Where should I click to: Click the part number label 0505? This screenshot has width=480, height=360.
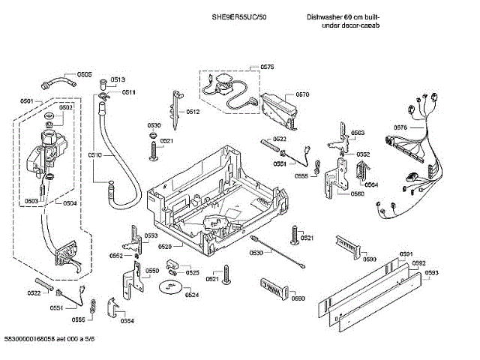click(84, 74)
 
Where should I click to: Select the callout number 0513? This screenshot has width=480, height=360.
click(118, 79)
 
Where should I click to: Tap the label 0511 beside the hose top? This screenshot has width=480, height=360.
click(128, 92)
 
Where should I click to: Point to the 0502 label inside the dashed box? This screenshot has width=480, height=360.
click(66, 107)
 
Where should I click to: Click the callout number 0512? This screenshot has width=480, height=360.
click(193, 112)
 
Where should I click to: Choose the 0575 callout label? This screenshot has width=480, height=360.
click(268, 67)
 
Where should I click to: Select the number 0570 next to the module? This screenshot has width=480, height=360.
click(302, 94)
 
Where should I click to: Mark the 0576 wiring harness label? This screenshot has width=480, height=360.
click(400, 127)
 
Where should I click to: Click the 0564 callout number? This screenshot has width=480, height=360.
click(371, 184)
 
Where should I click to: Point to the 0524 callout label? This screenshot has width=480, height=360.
click(192, 295)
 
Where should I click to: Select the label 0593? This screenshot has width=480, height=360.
click(432, 273)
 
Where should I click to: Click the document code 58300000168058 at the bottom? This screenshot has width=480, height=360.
click(35, 340)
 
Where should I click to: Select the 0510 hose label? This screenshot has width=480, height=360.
click(94, 154)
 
